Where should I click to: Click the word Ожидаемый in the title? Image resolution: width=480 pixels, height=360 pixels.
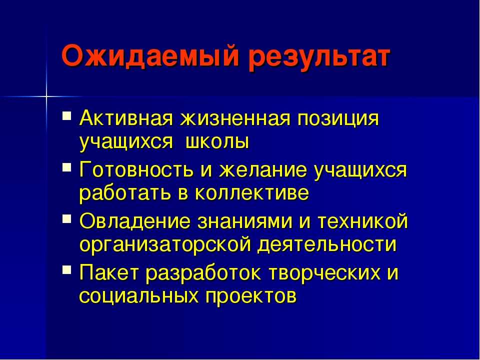click(x=150, y=56)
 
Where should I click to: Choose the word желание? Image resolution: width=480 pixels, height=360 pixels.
click(x=262, y=170)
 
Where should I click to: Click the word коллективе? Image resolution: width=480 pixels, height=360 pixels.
click(x=251, y=193)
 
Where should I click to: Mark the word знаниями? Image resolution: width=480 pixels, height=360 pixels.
click(x=245, y=221)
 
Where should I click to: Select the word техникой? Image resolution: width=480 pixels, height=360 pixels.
click(x=363, y=220)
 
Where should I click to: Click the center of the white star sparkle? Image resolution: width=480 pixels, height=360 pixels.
click(x=46, y=96)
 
